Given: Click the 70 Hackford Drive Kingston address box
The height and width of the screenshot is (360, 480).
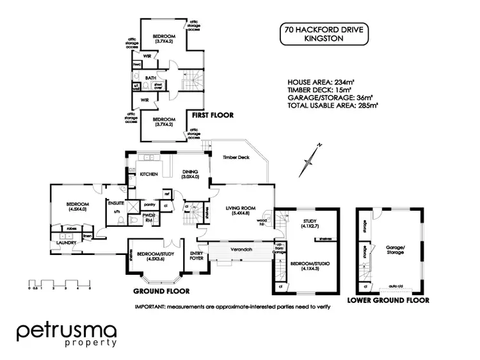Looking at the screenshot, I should (x=324, y=35).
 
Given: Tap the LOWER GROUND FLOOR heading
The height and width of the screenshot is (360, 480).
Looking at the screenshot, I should (x=387, y=300).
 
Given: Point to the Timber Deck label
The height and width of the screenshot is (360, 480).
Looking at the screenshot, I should (x=234, y=157).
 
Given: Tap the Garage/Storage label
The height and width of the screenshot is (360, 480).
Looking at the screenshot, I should (x=395, y=249).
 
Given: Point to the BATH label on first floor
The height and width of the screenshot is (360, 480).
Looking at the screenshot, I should (x=151, y=78).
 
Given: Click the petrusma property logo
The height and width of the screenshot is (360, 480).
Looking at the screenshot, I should (x=67, y=334).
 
